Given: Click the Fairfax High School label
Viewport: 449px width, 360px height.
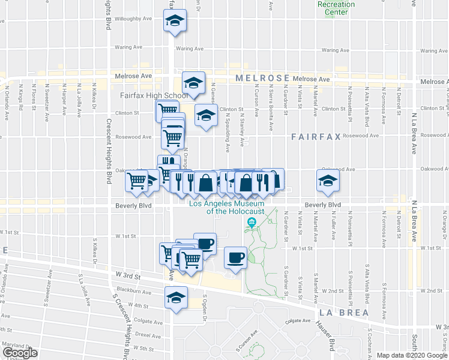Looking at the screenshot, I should point(146,95).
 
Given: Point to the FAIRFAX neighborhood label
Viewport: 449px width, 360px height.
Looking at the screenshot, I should point(316,137).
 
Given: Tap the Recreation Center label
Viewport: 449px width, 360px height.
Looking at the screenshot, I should point(336,8).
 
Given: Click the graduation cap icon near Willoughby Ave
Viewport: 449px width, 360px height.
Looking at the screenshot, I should point(175,22).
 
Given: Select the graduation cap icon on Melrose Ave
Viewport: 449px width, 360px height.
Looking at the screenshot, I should point(194,83).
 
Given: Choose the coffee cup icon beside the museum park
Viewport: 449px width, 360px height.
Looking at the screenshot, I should point(235,257).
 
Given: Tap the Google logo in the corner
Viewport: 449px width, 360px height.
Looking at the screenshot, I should point(20,353).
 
